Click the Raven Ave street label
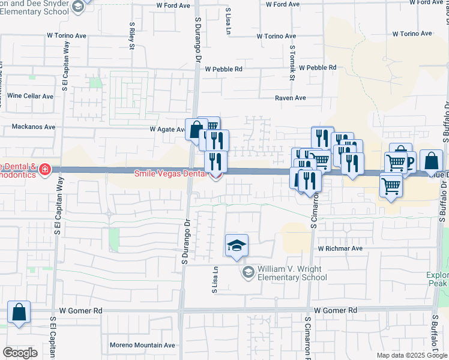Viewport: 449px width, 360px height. click(291, 98)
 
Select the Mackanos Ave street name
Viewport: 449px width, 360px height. click(34, 127)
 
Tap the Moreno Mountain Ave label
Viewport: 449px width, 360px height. click(142, 345)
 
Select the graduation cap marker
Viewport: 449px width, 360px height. click(237, 245)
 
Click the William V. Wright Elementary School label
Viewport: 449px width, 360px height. click(292, 273)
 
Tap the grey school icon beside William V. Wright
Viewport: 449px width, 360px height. click(247, 273)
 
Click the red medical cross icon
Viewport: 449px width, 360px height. click(44, 171)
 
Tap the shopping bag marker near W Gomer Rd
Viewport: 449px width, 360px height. click(19, 312)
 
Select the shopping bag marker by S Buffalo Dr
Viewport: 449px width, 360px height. click(430, 161)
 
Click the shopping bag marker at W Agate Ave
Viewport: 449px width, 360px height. click(196, 128)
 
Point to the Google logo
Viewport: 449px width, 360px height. click(20, 353)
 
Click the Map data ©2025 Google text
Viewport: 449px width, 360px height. click(412, 355)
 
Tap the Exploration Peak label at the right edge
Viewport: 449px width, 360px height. click(438, 278)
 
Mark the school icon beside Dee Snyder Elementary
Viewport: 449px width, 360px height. click(77, 6)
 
